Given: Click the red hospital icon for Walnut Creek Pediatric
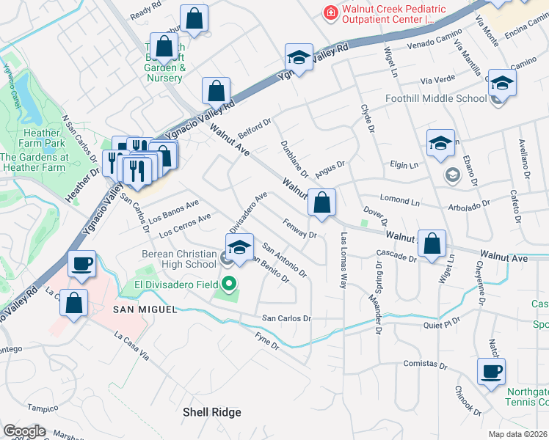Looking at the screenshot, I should click(x=331, y=12).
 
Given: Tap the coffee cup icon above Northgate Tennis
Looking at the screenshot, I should click(x=491, y=371).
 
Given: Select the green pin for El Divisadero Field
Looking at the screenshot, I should click(x=229, y=282).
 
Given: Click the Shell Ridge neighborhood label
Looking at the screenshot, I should click(x=211, y=412).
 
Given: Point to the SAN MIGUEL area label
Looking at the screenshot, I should click(x=145, y=309).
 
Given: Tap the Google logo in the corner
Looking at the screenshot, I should click(x=24, y=430).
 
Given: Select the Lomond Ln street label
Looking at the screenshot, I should click(x=399, y=199).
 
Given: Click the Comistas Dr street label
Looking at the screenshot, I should click(x=425, y=364).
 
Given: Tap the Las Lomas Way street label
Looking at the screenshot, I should click(x=343, y=260).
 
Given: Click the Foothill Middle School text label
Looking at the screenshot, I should click(x=435, y=98).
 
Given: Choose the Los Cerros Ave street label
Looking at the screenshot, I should click(x=184, y=224).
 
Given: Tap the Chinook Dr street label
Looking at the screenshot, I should click(x=468, y=402).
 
